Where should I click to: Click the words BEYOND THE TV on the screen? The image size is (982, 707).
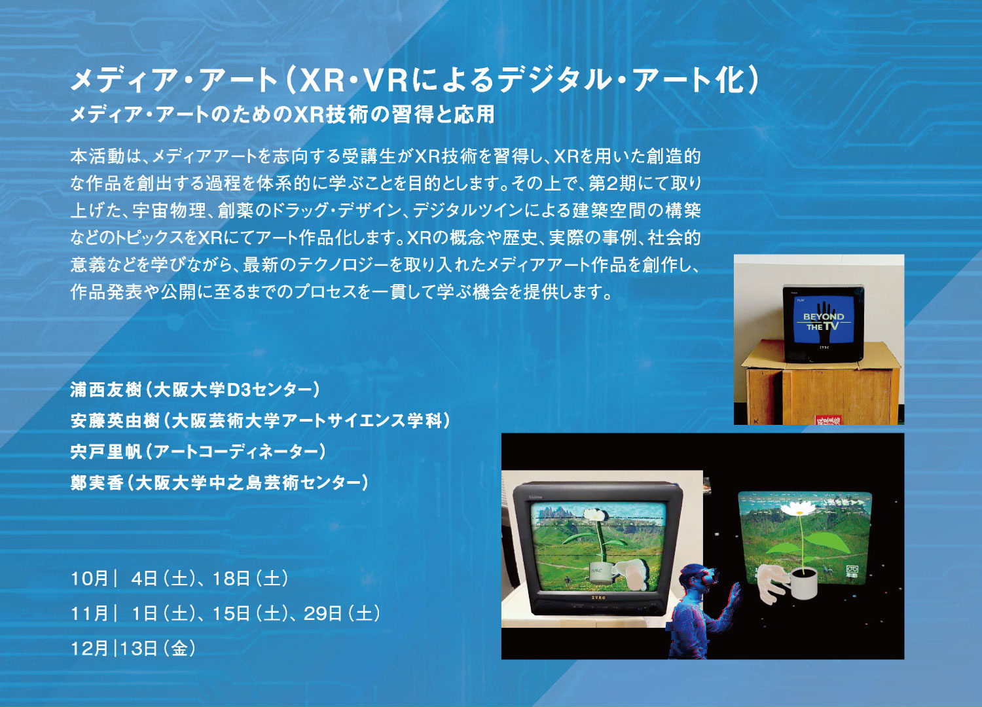point(824,321)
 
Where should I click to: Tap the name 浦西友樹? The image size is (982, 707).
point(105,390)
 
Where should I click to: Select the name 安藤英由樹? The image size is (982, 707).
point(115,421)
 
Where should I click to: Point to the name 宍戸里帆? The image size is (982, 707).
point(105,452)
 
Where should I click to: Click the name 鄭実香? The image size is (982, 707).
point(97,482)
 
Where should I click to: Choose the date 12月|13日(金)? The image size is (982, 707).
point(134,648)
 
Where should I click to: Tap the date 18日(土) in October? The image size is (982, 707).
point(250,578)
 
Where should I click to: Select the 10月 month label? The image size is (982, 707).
point(90,578)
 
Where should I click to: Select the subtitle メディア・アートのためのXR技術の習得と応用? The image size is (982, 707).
point(282,115)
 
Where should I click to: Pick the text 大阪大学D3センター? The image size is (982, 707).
point(233,390)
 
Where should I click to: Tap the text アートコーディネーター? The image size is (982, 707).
point(233,452)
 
